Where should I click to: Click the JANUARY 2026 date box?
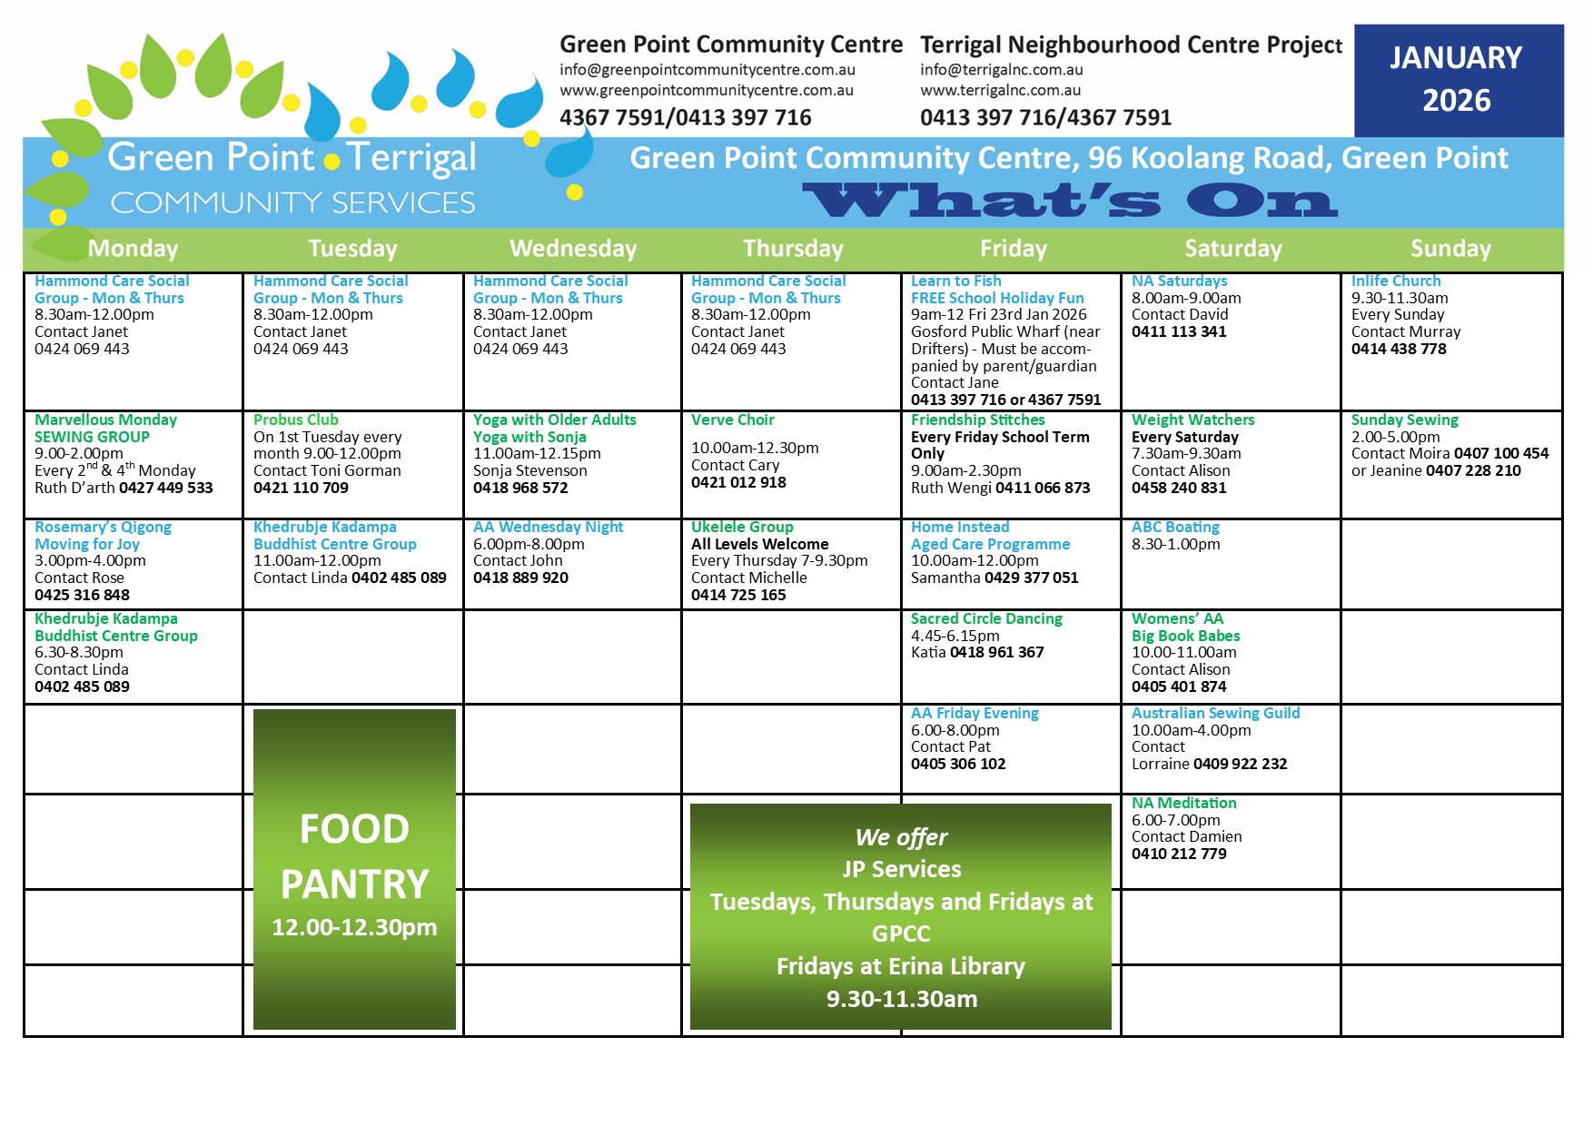click(1459, 80)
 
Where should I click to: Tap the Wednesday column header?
click(573, 249)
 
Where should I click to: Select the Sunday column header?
click(1450, 249)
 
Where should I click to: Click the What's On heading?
click(1070, 201)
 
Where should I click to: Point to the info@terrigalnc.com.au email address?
click(1002, 70)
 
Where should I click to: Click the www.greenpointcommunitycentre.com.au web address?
click(707, 91)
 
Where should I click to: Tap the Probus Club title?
click(296, 420)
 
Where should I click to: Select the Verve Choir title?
click(733, 420)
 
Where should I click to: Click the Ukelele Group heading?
click(742, 527)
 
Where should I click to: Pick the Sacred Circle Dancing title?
click(986, 618)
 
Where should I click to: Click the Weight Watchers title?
click(1192, 420)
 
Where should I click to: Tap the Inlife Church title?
click(1396, 281)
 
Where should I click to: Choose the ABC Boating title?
click(1175, 527)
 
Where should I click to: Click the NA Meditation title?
click(1183, 803)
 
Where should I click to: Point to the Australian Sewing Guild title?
click(1215, 713)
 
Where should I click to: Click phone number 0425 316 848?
click(82, 595)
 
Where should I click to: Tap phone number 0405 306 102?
click(958, 764)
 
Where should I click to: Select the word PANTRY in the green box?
click(354, 884)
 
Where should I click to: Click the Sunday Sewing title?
click(1404, 420)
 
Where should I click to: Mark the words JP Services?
click(901, 869)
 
